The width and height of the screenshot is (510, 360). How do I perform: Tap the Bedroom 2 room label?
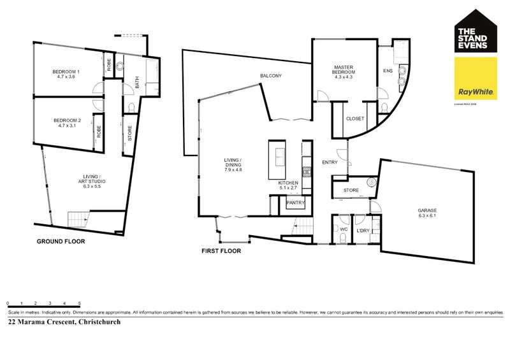click(x=67, y=122)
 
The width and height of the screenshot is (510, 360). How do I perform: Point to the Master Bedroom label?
click(x=344, y=72)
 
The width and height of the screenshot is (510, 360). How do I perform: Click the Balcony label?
click(x=270, y=76)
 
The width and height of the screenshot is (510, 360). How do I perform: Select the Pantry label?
click(x=295, y=203)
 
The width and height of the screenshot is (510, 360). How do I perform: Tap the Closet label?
click(x=354, y=119)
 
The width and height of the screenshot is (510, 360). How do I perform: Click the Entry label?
click(x=330, y=162)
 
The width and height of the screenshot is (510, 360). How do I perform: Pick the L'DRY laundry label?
click(x=363, y=231)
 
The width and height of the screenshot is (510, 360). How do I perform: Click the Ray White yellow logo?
click(x=475, y=79)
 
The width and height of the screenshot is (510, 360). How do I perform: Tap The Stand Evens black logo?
click(x=475, y=29)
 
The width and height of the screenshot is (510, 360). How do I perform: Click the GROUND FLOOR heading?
click(x=61, y=241)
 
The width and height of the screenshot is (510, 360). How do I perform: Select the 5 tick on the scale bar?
click(x=79, y=304)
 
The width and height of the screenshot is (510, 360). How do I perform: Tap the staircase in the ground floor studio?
click(x=78, y=219)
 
